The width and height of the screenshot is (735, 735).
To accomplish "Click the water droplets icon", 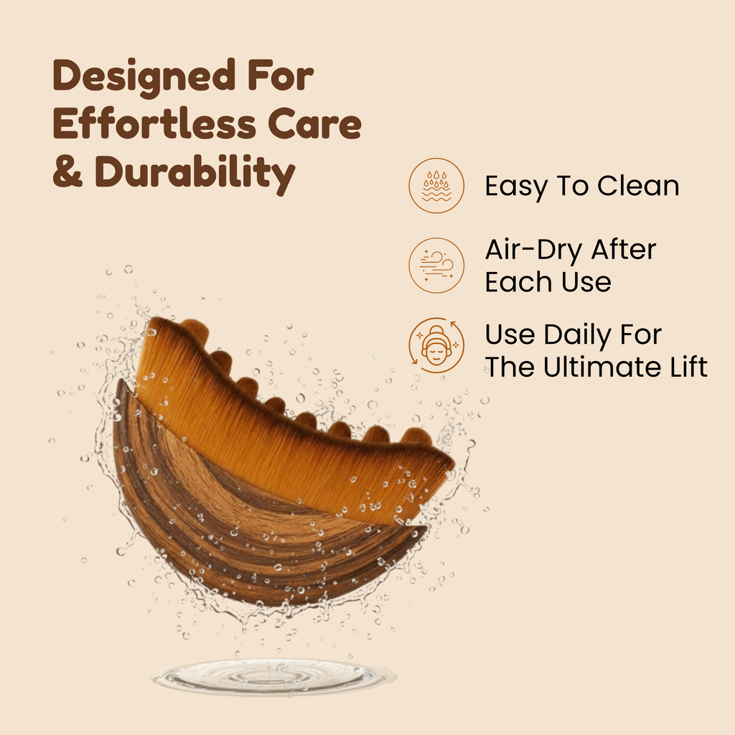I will coord(436,185).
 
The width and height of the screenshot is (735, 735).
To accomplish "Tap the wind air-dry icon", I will coord(436,265).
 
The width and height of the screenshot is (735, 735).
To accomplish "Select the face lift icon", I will coord(436,345).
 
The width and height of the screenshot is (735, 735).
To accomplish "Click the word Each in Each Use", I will coord(515,282).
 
